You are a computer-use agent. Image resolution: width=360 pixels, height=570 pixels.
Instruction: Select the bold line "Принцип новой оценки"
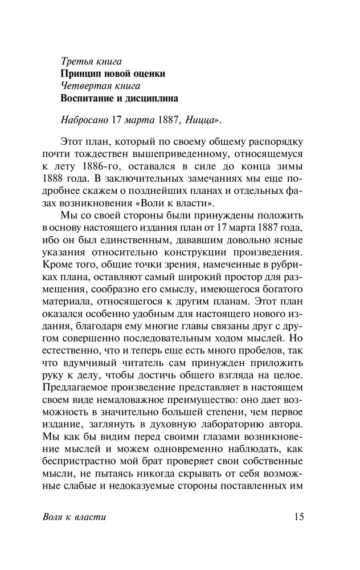(x=113, y=74)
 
